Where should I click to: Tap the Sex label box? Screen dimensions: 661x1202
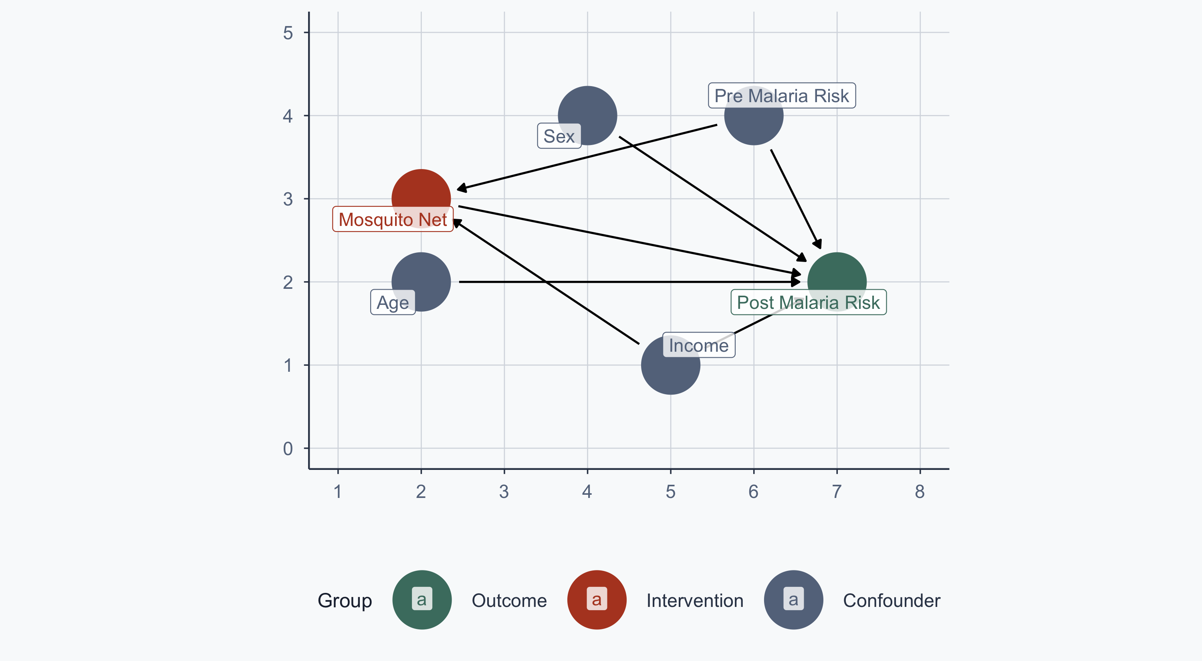[559, 136]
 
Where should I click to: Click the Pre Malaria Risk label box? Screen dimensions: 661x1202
[782, 96]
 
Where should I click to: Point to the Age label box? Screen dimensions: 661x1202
[392, 302]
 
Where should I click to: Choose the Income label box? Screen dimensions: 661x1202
[698, 345]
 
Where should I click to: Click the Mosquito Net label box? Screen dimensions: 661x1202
[392, 219]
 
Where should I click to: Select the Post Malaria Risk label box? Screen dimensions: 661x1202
[808, 302]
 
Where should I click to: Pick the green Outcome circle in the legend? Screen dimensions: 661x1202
[422, 600]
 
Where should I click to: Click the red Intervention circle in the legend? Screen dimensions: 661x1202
[597, 600]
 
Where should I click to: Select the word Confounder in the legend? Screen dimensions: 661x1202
[891, 601]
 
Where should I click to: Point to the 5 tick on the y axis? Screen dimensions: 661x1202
[288, 33]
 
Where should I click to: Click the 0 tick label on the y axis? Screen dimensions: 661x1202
[288, 449]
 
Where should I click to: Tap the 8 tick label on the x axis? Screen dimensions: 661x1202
[920, 492]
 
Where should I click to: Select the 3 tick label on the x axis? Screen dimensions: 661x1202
[504, 492]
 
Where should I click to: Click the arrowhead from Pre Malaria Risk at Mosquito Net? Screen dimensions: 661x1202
[462, 188]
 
